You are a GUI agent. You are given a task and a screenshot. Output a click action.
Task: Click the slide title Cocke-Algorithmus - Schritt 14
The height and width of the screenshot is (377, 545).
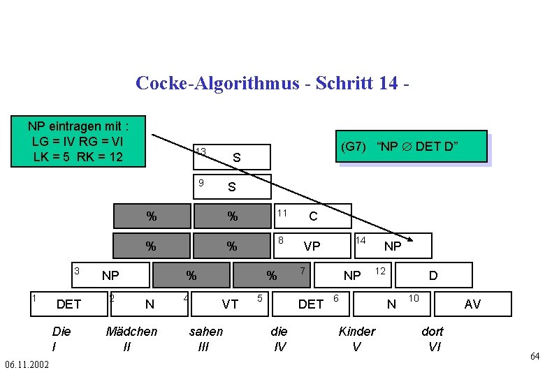click(272, 83)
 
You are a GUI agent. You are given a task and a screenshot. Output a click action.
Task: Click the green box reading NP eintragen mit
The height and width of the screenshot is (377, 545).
click(78, 142)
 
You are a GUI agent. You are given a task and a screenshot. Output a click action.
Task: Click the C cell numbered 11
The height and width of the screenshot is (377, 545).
click(312, 216)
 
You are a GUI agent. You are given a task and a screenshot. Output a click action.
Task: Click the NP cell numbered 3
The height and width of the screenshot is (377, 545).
click(110, 275)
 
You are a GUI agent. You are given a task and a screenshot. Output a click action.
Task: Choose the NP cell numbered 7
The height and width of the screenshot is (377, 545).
click(351, 275)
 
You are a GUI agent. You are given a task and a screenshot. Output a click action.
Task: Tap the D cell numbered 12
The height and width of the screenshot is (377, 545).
click(433, 275)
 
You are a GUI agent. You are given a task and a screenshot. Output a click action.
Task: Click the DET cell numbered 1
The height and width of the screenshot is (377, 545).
click(68, 304)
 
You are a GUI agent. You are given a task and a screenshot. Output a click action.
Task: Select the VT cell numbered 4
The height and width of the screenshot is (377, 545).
click(229, 304)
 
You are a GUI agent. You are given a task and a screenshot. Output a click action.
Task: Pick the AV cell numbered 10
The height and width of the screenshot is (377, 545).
click(472, 304)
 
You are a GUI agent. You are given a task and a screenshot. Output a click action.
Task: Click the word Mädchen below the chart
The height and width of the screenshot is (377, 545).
click(131, 331)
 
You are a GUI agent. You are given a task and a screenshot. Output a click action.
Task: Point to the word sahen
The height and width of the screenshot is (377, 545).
click(206, 331)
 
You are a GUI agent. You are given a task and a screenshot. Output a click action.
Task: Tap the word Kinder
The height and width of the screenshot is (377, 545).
click(357, 331)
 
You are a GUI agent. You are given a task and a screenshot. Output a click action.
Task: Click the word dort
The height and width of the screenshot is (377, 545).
click(432, 331)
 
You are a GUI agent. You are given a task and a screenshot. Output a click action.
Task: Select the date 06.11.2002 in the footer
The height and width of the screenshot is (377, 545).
click(27, 365)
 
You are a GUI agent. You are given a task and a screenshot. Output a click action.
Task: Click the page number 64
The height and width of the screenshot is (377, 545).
click(535, 357)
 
